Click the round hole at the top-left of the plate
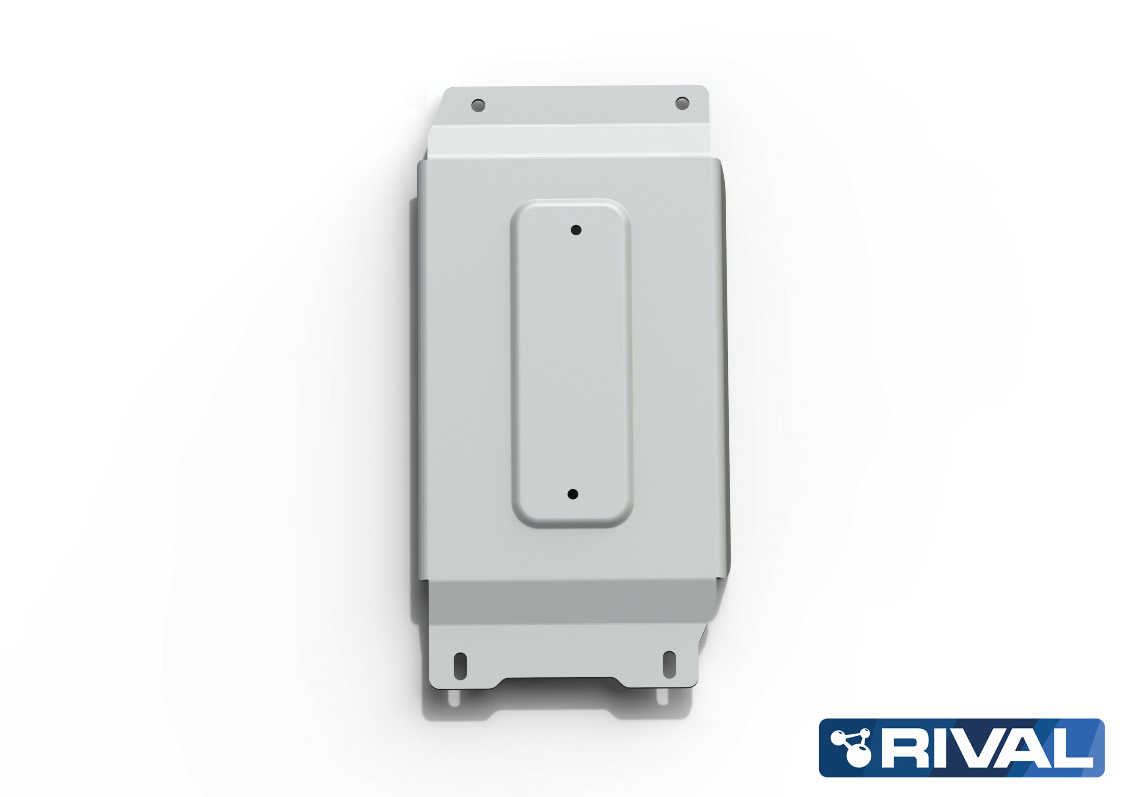click(x=478, y=105)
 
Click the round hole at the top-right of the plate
click(x=682, y=103)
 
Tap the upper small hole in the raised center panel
click(x=576, y=230)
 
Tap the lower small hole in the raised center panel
click(x=573, y=494)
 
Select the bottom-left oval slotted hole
click(x=460, y=666)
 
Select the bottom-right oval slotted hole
click(x=669, y=665)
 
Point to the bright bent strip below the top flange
click(x=570, y=140)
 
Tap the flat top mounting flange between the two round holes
click(x=580, y=105)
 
